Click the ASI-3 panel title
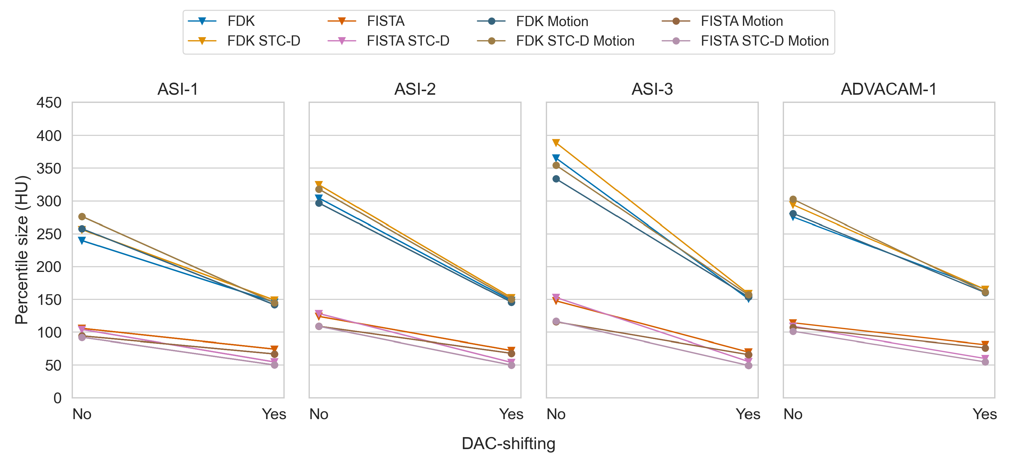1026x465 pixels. pyautogui.click(x=652, y=89)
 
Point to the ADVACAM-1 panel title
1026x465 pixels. pyautogui.click(x=889, y=89)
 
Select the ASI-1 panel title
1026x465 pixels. pyautogui.click(x=178, y=89)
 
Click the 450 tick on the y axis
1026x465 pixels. pyautogui.click(x=49, y=103)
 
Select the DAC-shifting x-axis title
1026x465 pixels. pyautogui.click(x=508, y=443)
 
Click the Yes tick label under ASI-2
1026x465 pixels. pyautogui.click(x=511, y=414)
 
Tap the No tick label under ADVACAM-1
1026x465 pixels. pyautogui.click(x=793, y=414)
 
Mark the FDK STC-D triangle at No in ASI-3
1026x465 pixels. pyautogui.click(x=556, y=142)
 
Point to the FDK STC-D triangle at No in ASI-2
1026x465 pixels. pyautogui.click(x=319, y=185)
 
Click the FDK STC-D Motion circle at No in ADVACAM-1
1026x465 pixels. pyautogui.click(x=793, y=199)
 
